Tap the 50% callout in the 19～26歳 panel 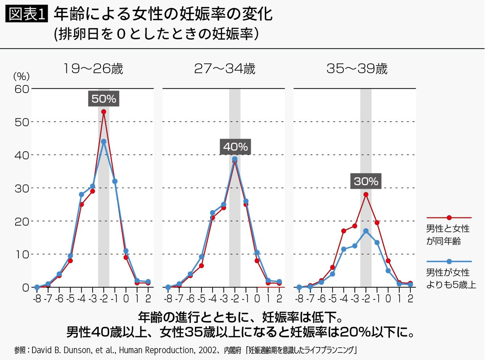(104, 99)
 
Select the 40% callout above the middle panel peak (235, 147)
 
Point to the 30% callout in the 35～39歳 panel (366, 181)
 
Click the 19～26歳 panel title (93, 69)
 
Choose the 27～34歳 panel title (225, 69)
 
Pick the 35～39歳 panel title (357, 69)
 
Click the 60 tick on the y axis (22, 89)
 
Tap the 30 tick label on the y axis (22, 188)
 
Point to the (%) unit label (21, 76)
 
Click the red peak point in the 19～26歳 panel (104, 112)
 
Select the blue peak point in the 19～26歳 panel (104, 141)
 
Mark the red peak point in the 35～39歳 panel (366, 195)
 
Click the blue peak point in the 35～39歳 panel (366, 231)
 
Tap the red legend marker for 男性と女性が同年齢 (449, 218)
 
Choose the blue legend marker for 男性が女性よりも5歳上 (449, 261)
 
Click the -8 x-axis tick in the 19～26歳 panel (37, 299)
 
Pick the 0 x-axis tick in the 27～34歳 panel (257, 299)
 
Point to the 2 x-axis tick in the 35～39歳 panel (410, 299)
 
